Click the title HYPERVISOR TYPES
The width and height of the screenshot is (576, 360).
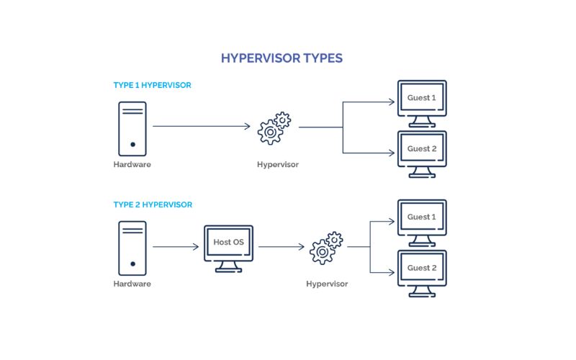(288, 57)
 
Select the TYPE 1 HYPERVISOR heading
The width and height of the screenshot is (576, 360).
(152, 85)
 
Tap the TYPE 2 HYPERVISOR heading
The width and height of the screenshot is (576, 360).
(153, 204)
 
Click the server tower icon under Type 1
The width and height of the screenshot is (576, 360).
(132, 128)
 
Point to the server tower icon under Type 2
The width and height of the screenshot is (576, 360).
(132, 248)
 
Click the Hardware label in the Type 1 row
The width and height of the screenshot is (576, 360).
(132, 165)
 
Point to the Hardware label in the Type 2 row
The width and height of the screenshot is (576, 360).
(132, 284)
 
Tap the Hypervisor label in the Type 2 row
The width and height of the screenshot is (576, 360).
(327, 284)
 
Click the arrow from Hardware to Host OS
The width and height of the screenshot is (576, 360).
(176, 247)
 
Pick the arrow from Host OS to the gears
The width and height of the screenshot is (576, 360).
(281, 247)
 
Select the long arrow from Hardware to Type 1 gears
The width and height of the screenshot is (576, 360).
(202, 127)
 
